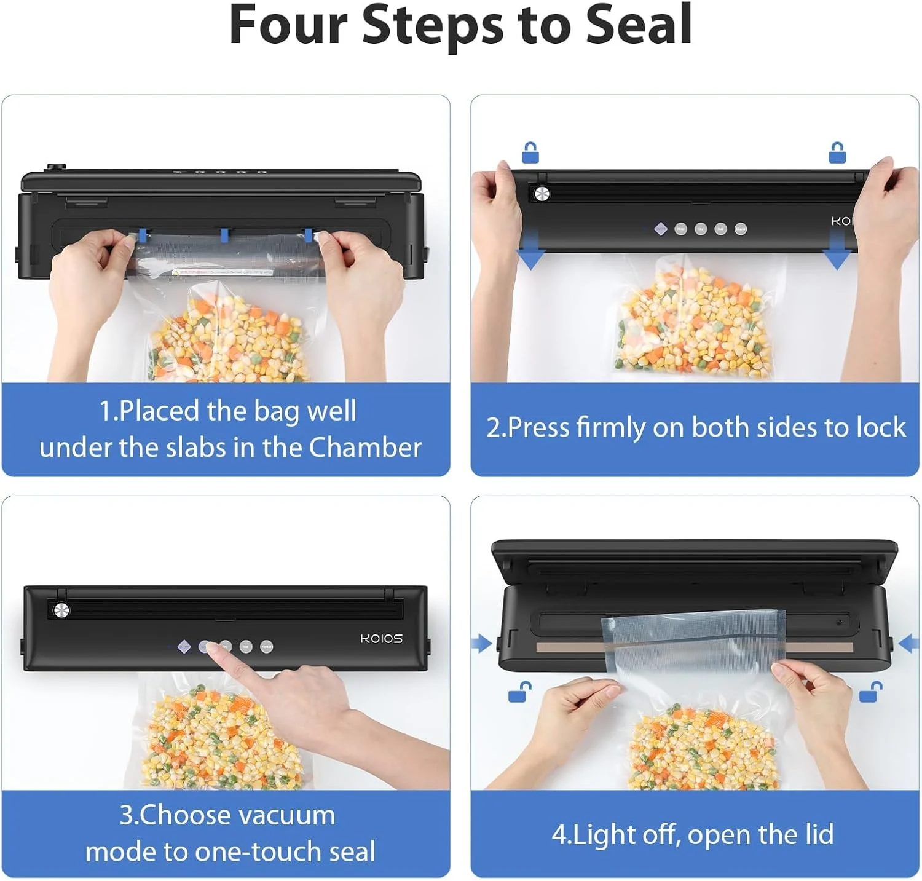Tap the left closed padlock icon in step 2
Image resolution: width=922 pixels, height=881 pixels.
[530, 152]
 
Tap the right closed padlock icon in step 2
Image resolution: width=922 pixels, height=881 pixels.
[837, 152]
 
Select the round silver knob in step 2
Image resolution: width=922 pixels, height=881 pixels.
[542, 194]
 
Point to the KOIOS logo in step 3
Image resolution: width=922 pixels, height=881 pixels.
[381, 639]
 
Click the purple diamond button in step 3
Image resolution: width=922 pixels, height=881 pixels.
[184, 647]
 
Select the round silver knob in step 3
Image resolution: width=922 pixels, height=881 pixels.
[61, 610]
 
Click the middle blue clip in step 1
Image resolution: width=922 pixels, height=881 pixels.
[224, 235]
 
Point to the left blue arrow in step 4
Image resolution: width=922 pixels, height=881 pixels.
[481, 644]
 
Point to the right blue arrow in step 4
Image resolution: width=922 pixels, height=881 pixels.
[908, 644]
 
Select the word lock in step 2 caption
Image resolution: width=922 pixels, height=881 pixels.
[884, 427]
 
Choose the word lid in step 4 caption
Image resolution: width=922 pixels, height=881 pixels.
[818, 834]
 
